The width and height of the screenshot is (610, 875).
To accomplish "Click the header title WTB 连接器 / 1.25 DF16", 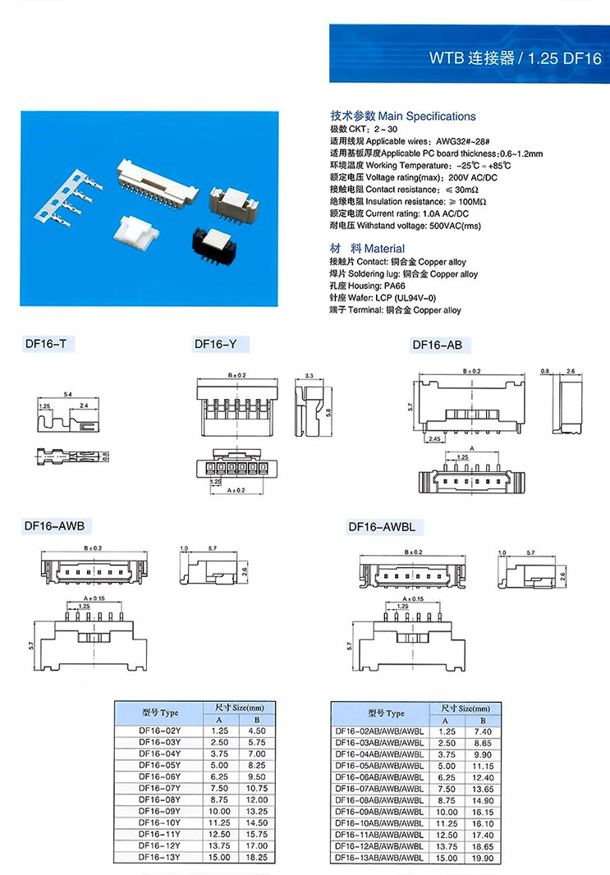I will point(516,59).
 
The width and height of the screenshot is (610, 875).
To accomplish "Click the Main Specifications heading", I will point(402,117).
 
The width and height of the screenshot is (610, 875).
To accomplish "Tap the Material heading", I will point(367,248).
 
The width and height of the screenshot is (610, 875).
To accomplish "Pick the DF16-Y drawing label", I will point(215,345).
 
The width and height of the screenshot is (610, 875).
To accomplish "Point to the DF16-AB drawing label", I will point(441,346).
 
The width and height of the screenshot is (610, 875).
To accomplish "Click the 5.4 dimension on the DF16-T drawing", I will point(67,396).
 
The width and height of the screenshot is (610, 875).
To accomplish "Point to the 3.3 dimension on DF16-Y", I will point(309,376).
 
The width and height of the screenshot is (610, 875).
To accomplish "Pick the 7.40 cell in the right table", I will point(484,731).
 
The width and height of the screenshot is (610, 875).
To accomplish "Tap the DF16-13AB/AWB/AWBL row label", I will point(379,858).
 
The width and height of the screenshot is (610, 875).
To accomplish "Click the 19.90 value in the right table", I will point(484,858).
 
